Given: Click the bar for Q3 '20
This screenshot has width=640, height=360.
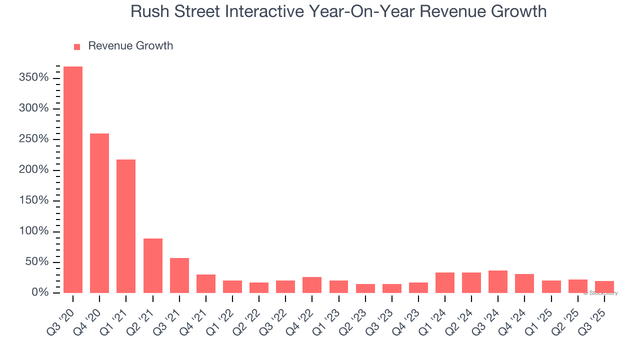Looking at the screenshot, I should (x=73, y=179).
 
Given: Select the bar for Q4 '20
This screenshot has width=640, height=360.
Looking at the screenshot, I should (x=99, y=213).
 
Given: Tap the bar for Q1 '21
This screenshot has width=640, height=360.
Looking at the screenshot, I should (x=126, y=226).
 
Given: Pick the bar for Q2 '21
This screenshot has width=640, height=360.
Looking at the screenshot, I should (x=153, y=265).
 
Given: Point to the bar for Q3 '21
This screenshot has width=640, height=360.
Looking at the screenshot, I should (x=179, y=275).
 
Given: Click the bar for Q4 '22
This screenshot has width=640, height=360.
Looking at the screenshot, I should (x=312, y=285).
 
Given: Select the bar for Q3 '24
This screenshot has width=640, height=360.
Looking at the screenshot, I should (x=498, y=281).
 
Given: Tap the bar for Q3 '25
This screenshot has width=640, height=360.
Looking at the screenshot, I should (x=604, y=287).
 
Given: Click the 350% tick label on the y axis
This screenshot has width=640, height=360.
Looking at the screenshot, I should (x=33, y=78).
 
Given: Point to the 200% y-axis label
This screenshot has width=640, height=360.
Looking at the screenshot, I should (x=33, y=170).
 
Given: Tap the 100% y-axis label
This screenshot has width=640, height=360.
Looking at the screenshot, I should (x=33, y=231).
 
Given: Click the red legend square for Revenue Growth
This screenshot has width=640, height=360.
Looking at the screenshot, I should (x=77, y=46).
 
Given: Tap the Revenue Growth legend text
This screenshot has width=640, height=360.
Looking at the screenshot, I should (x=130, y=46).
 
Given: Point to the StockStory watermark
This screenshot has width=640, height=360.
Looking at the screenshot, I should (x=600, y=293).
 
